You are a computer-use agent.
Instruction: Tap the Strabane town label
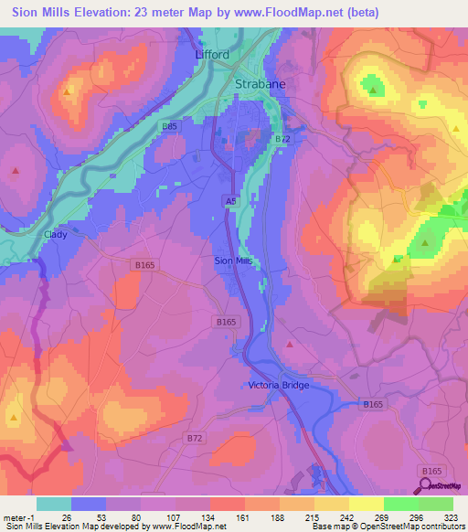click(x=261, y=83)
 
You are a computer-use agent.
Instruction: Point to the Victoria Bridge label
click(x=279, y=385)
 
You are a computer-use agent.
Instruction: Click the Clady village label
click(x=56, y=234)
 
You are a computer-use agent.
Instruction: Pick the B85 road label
click(x=169, y=126)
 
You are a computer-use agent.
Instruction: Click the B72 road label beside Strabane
click(x=282, y=137)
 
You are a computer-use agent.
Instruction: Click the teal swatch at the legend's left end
click(x=53, y=504)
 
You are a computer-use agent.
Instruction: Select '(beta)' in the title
click(x=357, y=11)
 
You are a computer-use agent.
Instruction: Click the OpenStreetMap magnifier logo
click(x=426, y=484)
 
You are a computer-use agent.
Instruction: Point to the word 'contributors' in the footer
click(x=443, y=527)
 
